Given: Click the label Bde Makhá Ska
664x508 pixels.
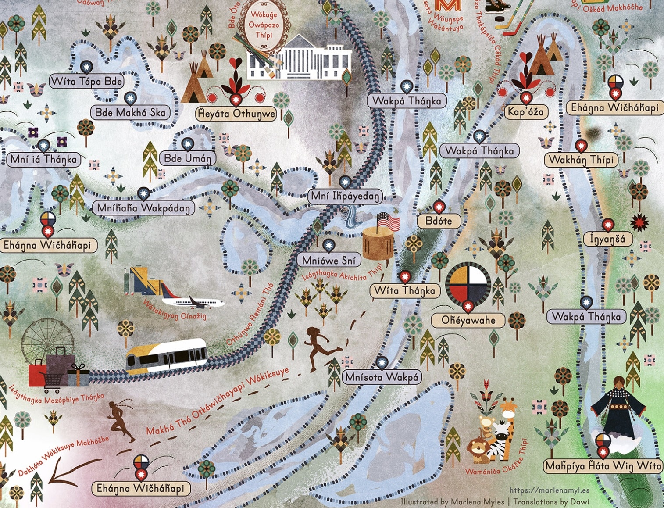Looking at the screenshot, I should click(130, 112).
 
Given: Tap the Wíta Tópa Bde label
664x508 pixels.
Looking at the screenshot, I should click(86, 81).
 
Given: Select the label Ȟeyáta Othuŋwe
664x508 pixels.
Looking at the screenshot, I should click(236, 114).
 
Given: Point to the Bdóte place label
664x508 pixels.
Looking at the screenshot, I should click(439, 221).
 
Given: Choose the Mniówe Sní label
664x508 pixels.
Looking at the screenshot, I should click(329, 260).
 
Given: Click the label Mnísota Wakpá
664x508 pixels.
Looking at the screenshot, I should click(382, 377).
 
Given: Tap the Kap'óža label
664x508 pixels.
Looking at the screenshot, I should click(525, 112).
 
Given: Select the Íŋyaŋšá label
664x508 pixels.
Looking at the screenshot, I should click(607, 239).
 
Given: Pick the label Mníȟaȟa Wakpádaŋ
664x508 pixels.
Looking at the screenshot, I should click(144, 207).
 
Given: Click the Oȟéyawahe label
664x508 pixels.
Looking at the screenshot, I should click(468, 320).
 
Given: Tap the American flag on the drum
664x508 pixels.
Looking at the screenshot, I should click(389, 221).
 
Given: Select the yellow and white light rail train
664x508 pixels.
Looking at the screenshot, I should click(167, 355).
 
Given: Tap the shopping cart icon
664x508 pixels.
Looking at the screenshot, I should click(52, 381).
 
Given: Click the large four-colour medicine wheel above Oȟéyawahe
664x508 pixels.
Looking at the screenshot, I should click(468, 283).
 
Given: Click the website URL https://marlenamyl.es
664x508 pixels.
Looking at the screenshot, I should click(549, 490).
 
